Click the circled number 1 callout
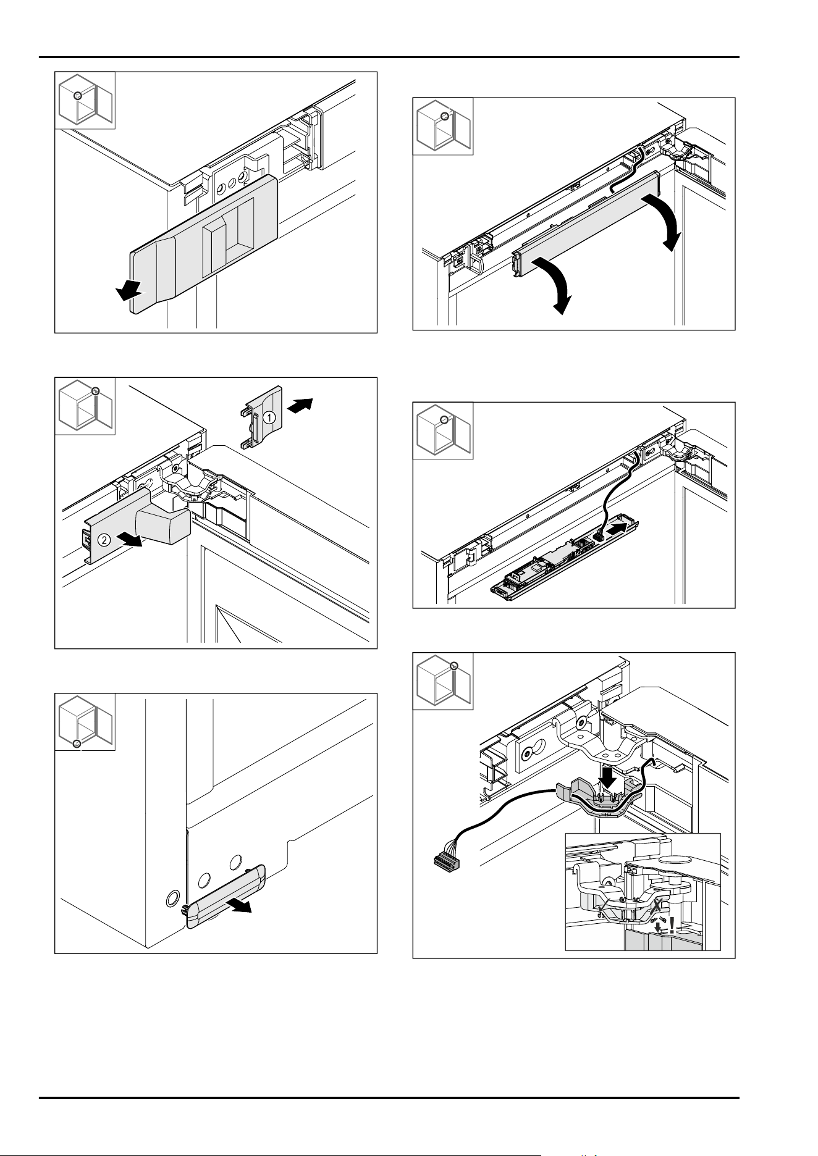[x=269, y=417]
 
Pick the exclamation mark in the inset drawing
[x=672, y=926]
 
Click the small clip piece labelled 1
[x=261, y=417]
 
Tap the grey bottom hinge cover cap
[x=226, y=897]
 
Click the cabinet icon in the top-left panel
[x=85, y=100]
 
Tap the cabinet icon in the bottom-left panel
[x=85, y=721]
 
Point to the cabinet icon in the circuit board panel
[x=443, y=430]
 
